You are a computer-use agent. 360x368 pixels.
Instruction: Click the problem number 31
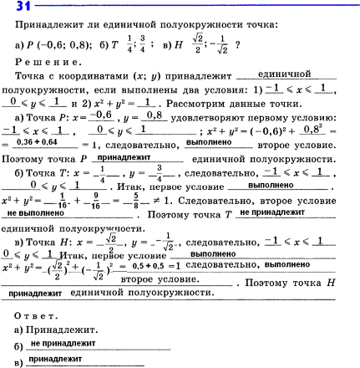point(13,8)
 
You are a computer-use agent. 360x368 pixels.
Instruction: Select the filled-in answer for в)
point(55,358)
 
